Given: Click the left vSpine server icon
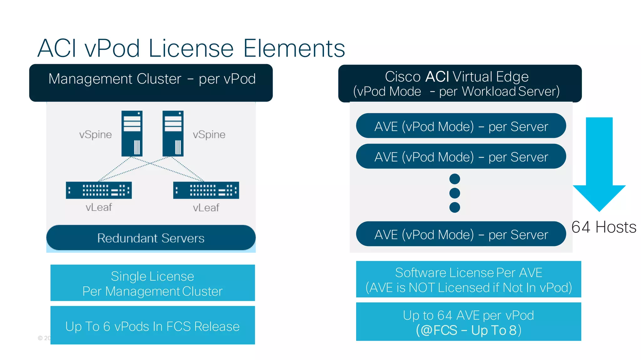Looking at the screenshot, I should pos(132,133).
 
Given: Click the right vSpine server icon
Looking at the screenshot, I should pos(173,133).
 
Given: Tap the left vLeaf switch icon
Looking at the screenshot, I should pos(99,190).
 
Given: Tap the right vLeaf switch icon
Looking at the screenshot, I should pos(206,190).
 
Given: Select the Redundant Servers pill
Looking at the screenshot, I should pos(151,238).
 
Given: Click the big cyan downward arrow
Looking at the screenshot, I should pos(599,163).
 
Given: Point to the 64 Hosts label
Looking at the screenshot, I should pos(603,227).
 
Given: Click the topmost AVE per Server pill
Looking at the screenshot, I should pos(461,126).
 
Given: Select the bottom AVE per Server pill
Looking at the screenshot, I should pos(461,234).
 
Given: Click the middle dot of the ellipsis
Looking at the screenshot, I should pos(454,193).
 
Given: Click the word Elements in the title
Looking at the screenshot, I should pos(294,48).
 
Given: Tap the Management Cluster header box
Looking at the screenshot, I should pos(151,83).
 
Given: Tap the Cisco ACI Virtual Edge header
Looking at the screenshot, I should pos(459,84).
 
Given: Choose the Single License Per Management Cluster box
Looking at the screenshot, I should pos(152,283).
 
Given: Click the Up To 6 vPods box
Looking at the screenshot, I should pos(152,326).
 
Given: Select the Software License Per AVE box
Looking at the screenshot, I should pos(468,279).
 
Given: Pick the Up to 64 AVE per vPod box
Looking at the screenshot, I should pos(468,322).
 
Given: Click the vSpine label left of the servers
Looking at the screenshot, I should pos(95,134).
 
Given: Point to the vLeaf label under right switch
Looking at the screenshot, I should pos(206,208).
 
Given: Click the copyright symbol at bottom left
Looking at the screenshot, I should pos(40,338).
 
